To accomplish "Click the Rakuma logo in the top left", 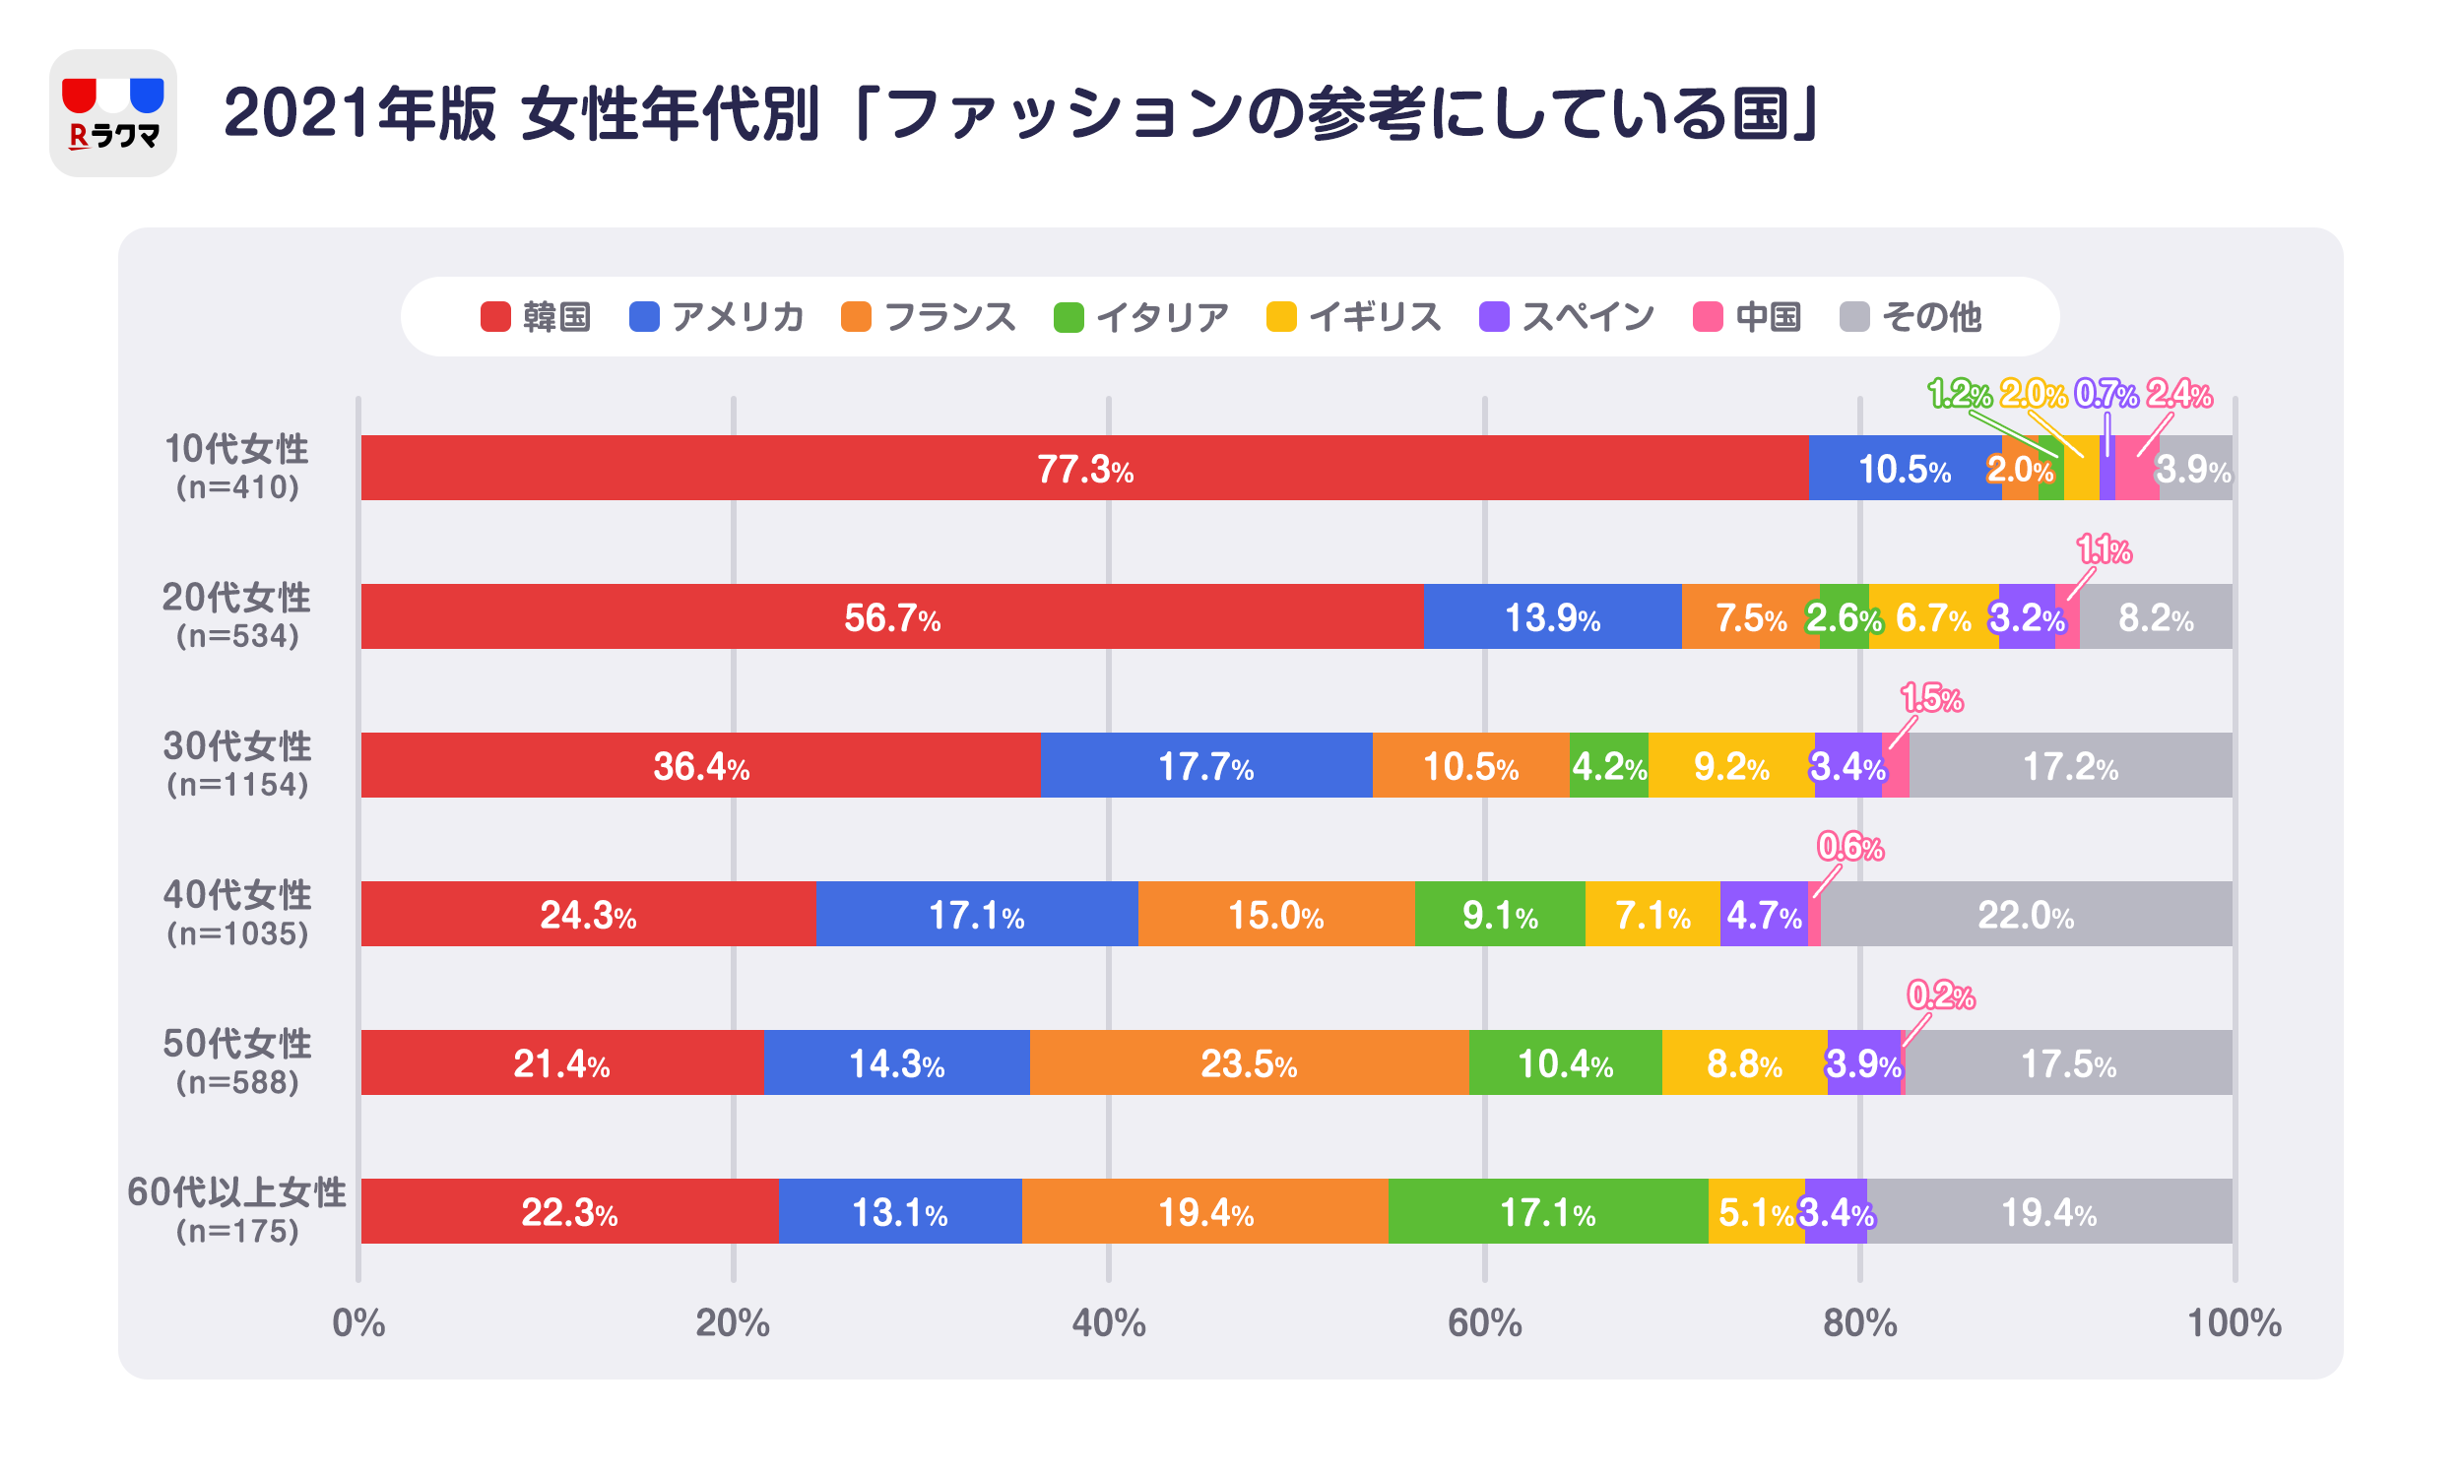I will coord(112,112).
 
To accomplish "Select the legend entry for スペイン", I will coord(1567,316).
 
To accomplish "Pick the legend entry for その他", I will coord(1911,316).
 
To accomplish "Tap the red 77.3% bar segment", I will coord(1083,468).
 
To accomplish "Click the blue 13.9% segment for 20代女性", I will coord(1551,617).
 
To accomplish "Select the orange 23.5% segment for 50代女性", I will coord(1248,1063).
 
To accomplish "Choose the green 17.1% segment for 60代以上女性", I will coord(1546,1211).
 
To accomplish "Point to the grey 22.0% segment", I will coord(2025,914).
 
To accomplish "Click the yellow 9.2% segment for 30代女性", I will coord(1730,765).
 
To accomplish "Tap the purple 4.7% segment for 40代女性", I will coord(1764,914).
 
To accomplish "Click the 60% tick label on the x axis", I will coord(1484,1323).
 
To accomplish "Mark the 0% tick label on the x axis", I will coord(358,1323).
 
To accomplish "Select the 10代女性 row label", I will coord(237,450).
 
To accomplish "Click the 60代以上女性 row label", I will coord(237,1192).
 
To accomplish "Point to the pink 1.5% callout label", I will coord(1931,699).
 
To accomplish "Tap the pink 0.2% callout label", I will coord(1940,995).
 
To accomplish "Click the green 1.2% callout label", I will coord(1959,394).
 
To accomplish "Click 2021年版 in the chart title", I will coord(359,112).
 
